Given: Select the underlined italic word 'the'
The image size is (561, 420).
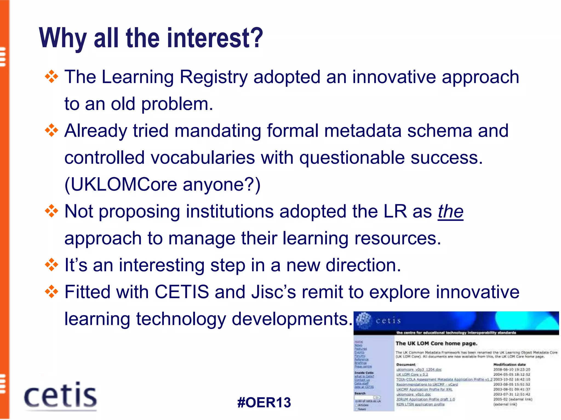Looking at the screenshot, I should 450,212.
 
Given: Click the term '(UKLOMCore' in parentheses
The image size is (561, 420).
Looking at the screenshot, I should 121,185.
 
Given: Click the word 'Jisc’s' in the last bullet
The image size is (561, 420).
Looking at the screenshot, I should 274,292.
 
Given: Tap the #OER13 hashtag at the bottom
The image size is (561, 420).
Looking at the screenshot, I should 264,402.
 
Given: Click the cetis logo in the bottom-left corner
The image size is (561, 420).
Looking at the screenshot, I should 60,396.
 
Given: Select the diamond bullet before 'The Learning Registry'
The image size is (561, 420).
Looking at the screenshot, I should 51,77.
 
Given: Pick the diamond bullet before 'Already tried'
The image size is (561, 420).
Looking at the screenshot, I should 51,130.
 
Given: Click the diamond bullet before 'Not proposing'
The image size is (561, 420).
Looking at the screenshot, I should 51,211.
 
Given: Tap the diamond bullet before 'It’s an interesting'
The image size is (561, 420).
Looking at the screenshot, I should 51,265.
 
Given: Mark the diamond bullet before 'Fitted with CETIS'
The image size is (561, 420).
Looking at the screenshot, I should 51,292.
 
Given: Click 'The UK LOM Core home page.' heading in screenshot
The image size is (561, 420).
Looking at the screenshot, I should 436,343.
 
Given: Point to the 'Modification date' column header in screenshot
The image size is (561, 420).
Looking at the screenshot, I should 510,364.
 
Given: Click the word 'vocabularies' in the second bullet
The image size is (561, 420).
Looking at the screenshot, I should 203,158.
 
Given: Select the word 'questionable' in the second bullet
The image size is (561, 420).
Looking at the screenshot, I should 352,158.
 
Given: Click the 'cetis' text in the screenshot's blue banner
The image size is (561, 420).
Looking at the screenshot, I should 388,320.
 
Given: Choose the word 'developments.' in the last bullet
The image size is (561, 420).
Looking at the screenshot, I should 292,319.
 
